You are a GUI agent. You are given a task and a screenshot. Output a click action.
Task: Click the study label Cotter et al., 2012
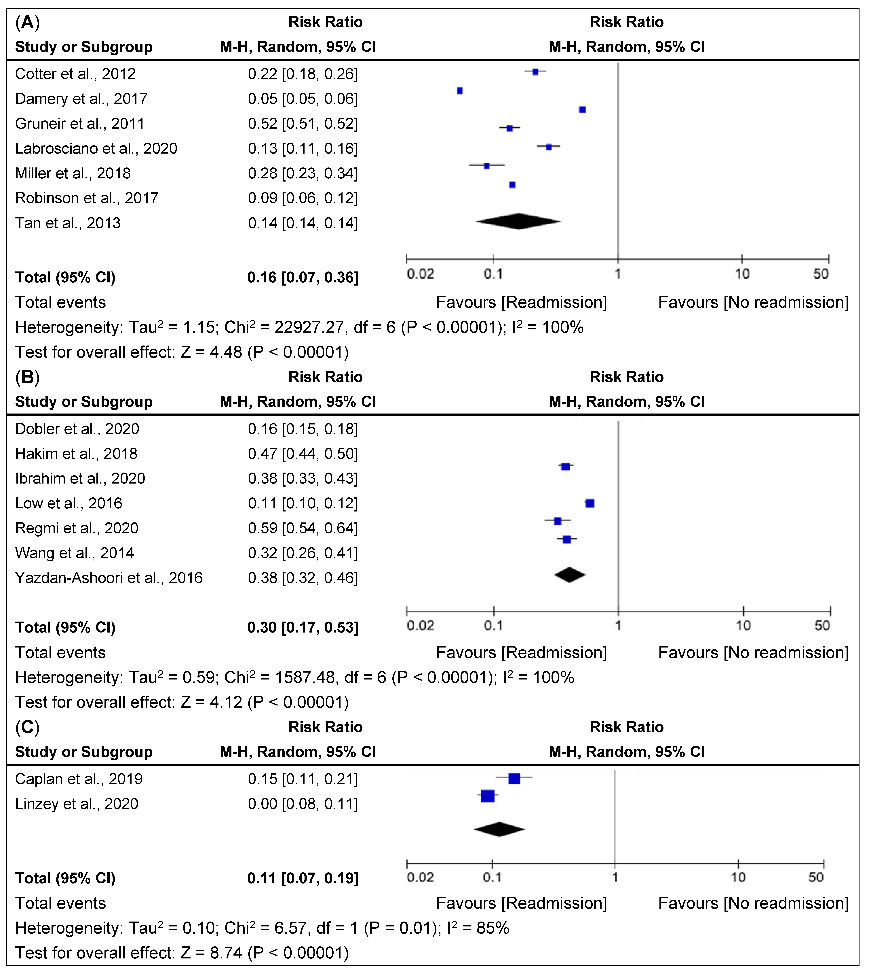(75, 74)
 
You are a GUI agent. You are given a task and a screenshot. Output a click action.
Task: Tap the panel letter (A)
(27, 22)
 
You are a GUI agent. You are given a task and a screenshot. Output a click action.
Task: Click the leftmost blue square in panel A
(460, 91)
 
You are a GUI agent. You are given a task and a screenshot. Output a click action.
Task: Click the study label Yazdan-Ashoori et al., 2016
(109, 578)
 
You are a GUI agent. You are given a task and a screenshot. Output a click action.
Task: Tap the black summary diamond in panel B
(570, 575)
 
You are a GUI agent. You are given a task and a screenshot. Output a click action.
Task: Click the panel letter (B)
(27, 377)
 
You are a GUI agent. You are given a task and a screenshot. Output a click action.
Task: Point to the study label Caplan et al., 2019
(79, 779)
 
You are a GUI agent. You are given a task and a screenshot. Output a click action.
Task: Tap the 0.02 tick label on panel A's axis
(420, 274)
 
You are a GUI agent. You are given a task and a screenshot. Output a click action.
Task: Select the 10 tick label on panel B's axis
(743, 626)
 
